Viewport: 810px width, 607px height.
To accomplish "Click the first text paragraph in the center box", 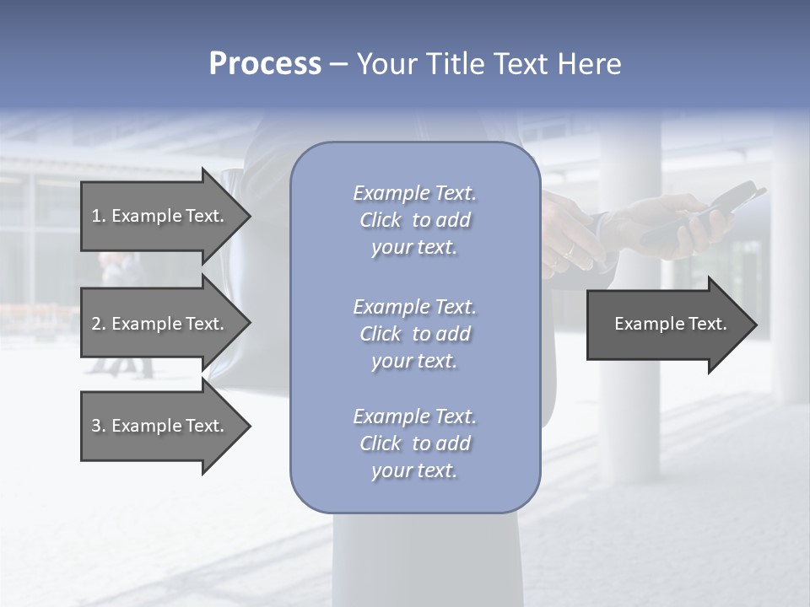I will (414, 220).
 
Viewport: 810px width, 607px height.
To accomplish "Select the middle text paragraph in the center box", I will (414, 334).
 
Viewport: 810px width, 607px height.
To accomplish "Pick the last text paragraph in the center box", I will (414, 443).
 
